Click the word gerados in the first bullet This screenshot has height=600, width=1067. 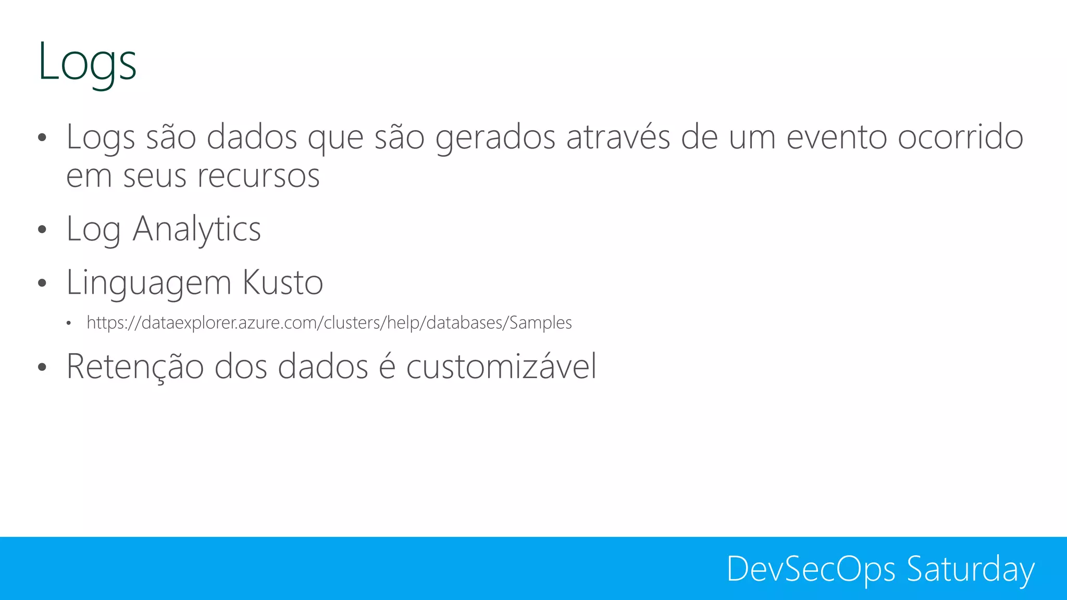click(x=495, y=138)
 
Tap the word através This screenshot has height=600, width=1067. click(x=618, y=137)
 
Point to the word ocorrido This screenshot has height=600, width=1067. click(x=961, y=137)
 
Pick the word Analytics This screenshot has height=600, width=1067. click(x=196, y=229)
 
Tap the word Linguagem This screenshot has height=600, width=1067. click(x=148, y=283)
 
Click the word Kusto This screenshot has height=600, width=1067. click(x=283, y=282)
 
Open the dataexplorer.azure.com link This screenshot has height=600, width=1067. click(x=329, y=323)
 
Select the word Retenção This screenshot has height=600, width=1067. click(x=135, y=366)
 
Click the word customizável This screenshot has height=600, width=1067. click(x=501, y=366)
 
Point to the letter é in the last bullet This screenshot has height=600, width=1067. click(x=387, y=366)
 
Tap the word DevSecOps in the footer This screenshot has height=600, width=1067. click(x=811, y=569)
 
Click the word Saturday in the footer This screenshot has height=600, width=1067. click(x=970, y=569)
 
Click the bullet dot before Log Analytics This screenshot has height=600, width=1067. click(x=42, y=230)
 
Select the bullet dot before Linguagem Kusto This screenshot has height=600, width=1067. click(x=42, y=283)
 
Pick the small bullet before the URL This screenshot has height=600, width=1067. click(x=68, y=324)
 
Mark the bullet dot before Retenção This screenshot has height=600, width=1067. click(x=42, y=367)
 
